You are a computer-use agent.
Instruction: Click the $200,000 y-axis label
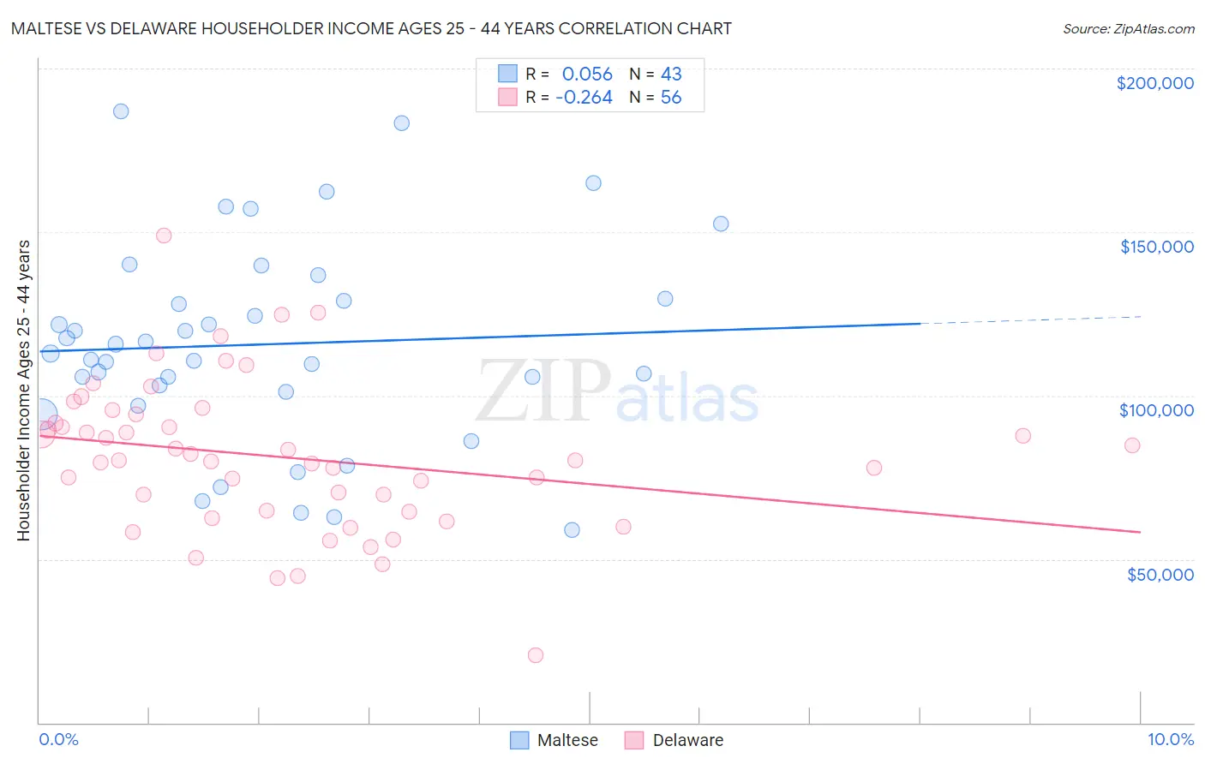point(1154,83)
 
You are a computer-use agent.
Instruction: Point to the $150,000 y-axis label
point(1156,247)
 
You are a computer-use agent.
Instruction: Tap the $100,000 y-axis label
point(1156,410)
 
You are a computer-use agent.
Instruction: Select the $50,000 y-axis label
point(1160,575)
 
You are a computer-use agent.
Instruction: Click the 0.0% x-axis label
point(58,739)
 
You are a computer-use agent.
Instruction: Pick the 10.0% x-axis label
point(1170,739)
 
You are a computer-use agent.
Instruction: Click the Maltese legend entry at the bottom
point(567,740)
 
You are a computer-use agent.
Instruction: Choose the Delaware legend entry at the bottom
point(687,740)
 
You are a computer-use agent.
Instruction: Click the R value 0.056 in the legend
point(587,75)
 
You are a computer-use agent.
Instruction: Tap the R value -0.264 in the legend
point(584,98)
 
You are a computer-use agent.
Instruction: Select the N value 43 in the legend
point(671,75)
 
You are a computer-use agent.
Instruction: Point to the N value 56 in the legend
point(671,98)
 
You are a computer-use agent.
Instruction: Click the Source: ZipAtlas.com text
point(1128,29)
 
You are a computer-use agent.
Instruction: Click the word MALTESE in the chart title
point(45,28)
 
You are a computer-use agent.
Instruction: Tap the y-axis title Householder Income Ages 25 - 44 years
point(23,391)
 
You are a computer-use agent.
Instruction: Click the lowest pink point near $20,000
point(536,655)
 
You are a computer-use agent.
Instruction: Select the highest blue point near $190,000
point(121,111)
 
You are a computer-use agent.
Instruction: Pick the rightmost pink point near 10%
point(1132,445)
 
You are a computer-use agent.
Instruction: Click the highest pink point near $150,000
point(164,236)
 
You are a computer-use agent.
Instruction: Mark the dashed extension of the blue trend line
point(1028,320)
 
